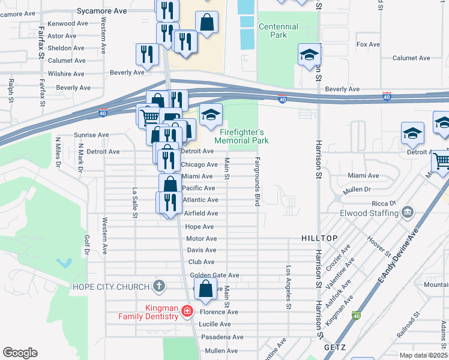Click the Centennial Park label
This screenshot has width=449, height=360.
pyautogui.click(x=278, y=31)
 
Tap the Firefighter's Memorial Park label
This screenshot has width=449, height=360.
pyautogui.click(x=243, y=136)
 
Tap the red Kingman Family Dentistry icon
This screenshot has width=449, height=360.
pyautogui.click(x=187, y=311)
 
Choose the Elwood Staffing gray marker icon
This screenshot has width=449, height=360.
pyautogui.click(x=408, y=212)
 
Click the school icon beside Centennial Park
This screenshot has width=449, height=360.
pyautogui.click(x=309, y=55)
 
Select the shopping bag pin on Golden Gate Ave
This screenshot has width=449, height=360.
pyautogui.click(x=205, y=289)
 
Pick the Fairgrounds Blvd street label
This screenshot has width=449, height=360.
pyautogui.click(x=257, y=182)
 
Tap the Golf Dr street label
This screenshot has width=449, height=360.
pyautogui.click(x=86, y=244)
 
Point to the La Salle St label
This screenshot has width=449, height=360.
pyautogui.click(x=136, y=202)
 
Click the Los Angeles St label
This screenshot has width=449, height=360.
pyautogui.click(x=289, y=287)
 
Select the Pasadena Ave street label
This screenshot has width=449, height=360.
pyautogui.click(x=222, y=337)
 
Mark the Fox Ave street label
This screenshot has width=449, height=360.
pyautogui.click(x=368, y=44)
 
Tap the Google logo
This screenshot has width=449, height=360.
pyautogui.click(x=20, y=353)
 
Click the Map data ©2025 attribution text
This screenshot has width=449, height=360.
pyautogui.click(x=423, y=355)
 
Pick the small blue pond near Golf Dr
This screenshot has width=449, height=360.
pyautogui.click(x=63, y=263)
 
